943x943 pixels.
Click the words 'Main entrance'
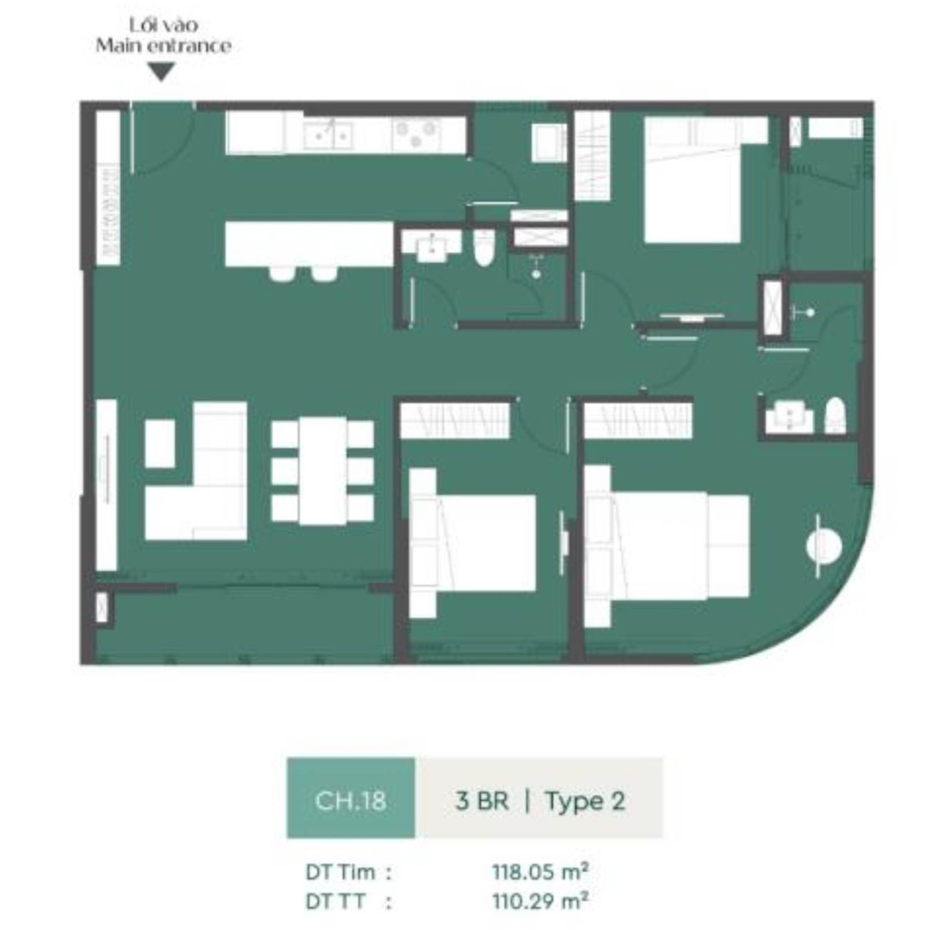click(163, 46)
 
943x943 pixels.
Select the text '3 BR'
click(482, 801)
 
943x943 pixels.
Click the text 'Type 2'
click(585, 801)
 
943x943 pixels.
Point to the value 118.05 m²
click(540, 872)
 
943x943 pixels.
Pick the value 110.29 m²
click(540, 902)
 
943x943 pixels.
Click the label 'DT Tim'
click(340, 873)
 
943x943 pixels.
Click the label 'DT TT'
click(335, 902)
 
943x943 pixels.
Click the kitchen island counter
click(309, 244)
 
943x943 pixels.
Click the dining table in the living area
click(323, 471)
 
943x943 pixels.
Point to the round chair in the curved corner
click(824, 546)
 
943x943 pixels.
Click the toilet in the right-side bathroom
click(835, 416)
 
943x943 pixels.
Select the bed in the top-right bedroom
click(692, 189)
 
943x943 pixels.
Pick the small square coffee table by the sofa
click(160, 444)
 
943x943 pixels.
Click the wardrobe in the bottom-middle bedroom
click(455, 420)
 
